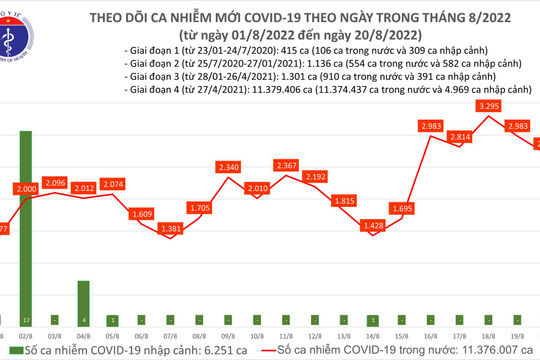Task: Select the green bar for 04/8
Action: point(84,301)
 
